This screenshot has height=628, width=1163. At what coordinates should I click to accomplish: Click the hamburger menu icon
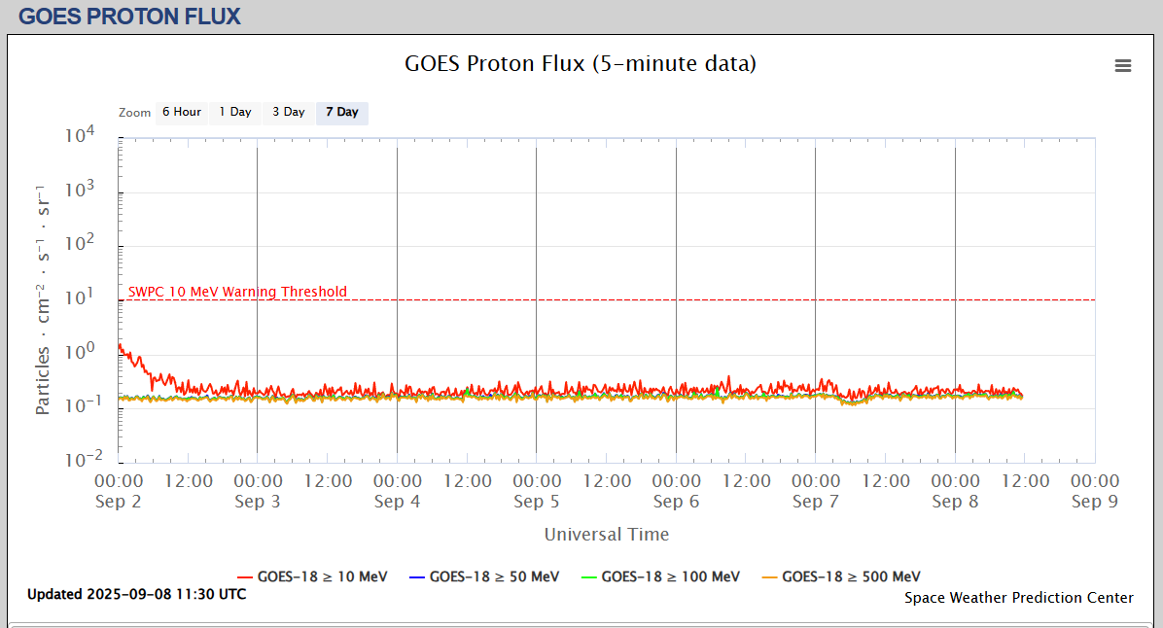[1123, 65]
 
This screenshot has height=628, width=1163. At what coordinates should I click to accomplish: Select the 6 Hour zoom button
[182, 113]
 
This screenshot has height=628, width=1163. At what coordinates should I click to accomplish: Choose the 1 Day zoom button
[235, 113]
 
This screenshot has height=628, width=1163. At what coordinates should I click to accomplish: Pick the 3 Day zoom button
[288, 113]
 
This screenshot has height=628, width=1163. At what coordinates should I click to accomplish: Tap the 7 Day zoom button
[341, 113]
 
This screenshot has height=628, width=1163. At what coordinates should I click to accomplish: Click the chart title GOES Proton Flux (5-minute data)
[581, 64]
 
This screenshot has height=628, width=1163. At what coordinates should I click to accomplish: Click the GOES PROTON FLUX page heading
[129, 16]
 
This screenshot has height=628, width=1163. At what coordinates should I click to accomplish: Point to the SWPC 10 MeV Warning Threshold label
[237, 292]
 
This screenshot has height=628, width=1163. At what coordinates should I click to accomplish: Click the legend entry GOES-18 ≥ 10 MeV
[312, 576]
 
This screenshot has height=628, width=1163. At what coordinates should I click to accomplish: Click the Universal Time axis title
[607, 534]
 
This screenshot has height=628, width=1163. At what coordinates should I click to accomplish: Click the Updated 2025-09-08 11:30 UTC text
[136, 594]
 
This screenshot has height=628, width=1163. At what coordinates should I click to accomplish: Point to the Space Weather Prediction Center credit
[1019, 598]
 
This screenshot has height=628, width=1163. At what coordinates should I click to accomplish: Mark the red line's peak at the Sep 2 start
[120, 345]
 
